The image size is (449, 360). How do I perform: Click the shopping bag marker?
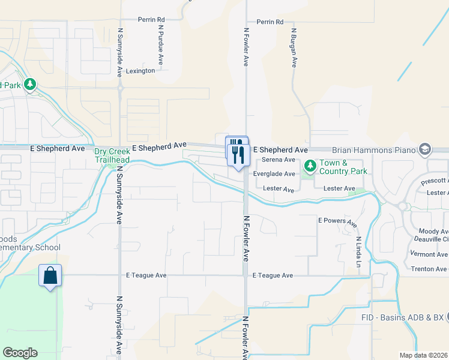click(x=51, y=276)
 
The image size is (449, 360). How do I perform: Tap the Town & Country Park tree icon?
click(x=310, y=164)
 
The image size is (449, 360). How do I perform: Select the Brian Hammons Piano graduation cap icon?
click(x=426, y=149)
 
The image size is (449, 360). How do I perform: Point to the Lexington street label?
click(x=140, y=71)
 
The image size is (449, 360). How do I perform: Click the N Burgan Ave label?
click(x=294, y=49)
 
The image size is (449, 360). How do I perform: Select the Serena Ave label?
click(x=282, y=160)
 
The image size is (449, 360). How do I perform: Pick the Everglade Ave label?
click(x=274, y=174)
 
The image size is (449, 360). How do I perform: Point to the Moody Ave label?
click(x=434, y=232)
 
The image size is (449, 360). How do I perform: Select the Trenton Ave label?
click(x=429, y=269)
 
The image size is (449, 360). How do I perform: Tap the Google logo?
click(x=20, y=353)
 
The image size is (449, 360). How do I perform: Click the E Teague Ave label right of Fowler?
click(x=273, y=275)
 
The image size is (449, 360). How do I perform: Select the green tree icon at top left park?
click(x=30, y=85)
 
